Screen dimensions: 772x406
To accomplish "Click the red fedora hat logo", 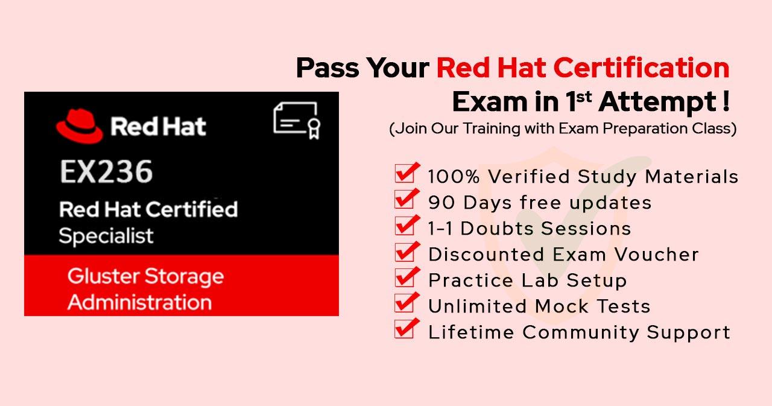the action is click(80, 126).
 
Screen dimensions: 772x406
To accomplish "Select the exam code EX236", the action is click(106, 172).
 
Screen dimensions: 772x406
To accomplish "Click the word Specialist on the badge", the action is click(106, 236).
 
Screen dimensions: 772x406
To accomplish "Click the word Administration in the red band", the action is click(139, 302).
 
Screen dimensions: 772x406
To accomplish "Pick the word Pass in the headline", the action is click(327, 68).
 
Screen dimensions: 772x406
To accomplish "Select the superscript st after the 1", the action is click(584, 97).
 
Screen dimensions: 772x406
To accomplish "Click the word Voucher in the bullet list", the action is click(657, 255).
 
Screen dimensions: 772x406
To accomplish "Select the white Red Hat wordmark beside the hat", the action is click(158, 126).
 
